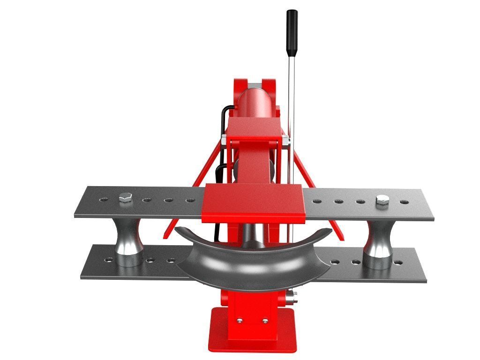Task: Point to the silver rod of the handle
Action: click(291, 94)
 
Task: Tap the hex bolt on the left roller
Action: click(125, 198)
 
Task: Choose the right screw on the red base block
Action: click(265, 321)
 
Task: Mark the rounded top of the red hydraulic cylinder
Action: click(255, 94)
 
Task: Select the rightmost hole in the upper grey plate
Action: click(404, 202)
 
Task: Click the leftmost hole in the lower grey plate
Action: click(108, 259)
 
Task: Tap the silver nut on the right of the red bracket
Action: click(285, 139)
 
